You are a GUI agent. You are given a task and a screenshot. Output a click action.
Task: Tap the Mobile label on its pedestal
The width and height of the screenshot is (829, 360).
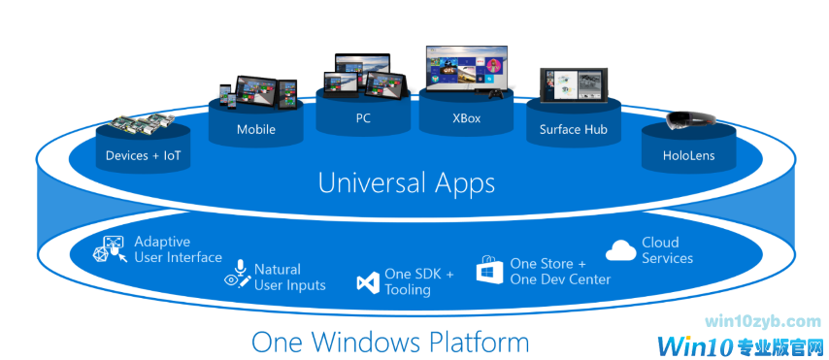tap(256, 129)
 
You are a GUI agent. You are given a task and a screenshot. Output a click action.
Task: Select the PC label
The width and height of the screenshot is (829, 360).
tap(363, 119)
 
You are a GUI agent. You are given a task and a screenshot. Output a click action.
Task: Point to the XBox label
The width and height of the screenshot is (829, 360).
tap(467, 119)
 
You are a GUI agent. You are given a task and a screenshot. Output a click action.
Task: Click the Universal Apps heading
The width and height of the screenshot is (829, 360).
tap(407, 182)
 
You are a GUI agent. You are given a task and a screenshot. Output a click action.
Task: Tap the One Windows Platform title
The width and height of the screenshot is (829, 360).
tap(390, 343)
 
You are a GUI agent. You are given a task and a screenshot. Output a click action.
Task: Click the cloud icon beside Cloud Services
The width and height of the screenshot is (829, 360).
tap(621, 251)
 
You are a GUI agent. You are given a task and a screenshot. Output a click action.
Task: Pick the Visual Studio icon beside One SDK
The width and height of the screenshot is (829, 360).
tap(367, 282)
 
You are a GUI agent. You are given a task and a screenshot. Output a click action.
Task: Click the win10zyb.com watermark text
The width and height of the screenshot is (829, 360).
tap(764, 321)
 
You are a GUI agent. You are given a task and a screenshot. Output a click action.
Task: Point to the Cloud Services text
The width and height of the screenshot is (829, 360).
tap(667, 250)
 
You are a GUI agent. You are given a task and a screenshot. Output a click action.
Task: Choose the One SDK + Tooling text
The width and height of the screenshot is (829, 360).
tap(418, 281)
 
